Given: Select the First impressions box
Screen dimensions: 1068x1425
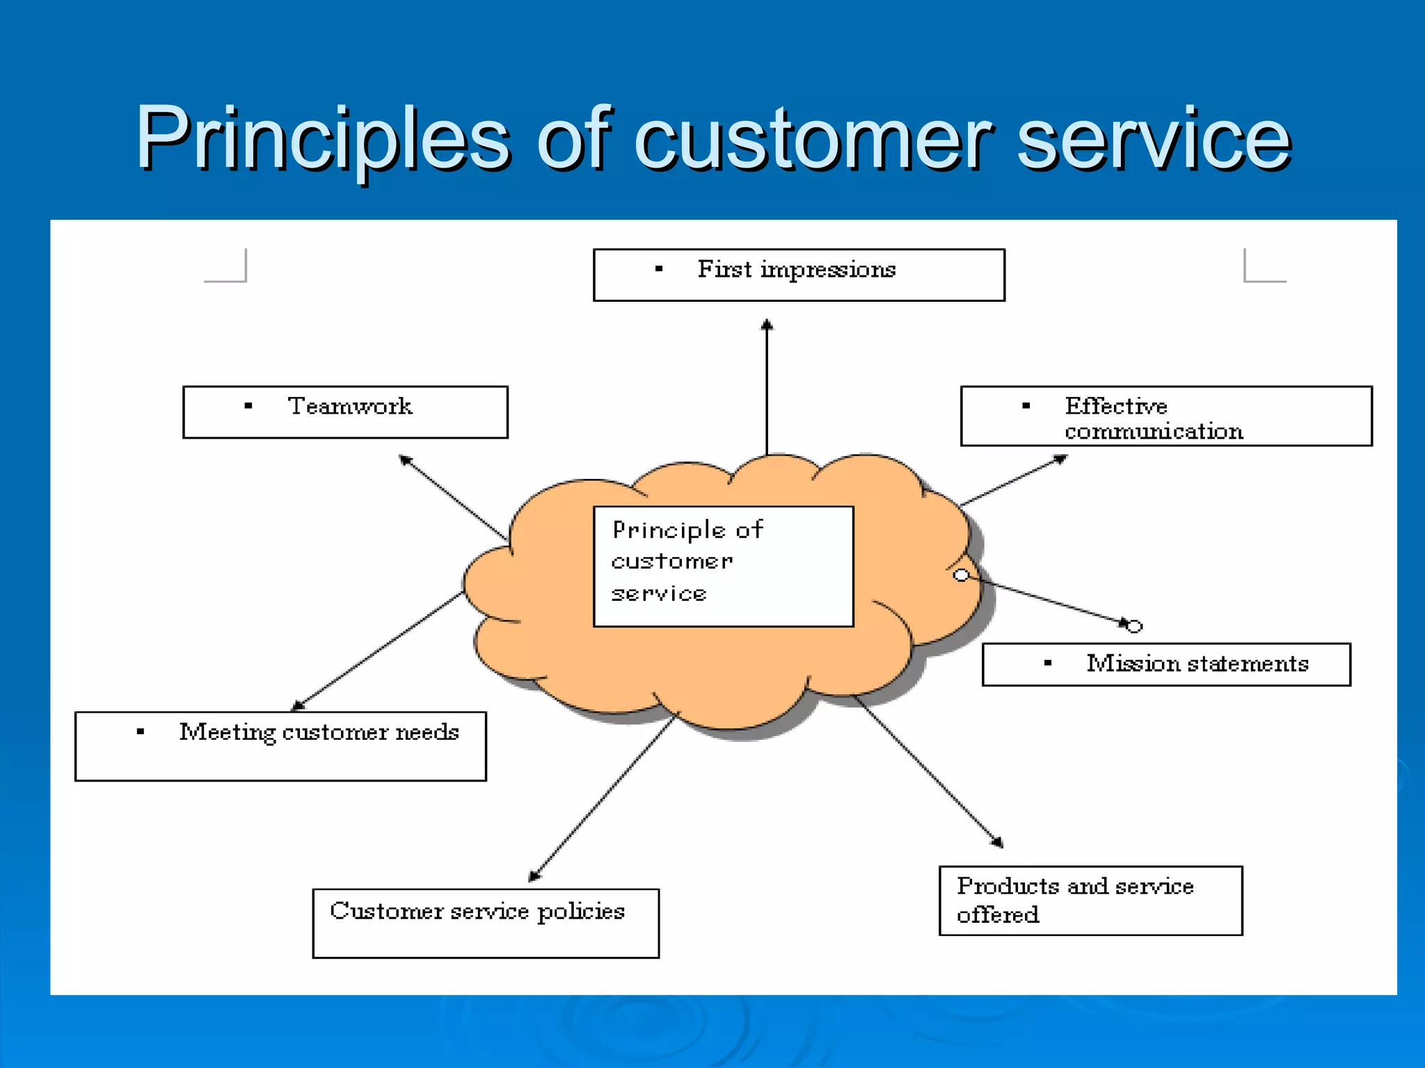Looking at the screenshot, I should [798, 275].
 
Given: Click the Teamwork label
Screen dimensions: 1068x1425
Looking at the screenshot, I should [350, 406].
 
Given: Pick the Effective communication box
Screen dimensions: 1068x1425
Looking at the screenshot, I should [1165, 416].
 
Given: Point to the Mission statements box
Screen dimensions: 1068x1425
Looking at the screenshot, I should [1165, 664].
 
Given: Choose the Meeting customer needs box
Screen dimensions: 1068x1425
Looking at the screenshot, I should [280, 745].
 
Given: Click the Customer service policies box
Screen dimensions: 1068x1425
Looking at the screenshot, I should [485, 923].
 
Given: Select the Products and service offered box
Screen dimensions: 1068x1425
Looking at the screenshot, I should [1090, 900].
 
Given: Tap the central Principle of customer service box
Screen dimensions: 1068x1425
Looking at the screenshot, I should [723, 566].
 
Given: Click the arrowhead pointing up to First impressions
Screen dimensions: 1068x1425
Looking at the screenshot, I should [767, 325].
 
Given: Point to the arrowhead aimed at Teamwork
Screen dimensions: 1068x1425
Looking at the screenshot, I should [405, 460].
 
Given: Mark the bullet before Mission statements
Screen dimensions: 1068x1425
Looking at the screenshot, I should [1048, 663].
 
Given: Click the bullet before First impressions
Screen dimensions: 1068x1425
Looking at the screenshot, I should [659, 269].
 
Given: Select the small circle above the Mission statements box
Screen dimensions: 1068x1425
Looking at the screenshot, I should [1134, 626].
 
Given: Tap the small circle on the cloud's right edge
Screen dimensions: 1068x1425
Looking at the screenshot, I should [961, 575].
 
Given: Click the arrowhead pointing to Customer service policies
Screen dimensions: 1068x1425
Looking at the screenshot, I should [534, 876].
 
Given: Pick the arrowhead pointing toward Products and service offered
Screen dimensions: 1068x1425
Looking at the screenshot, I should [998, 842].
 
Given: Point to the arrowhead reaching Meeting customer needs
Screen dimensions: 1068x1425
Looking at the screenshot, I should [298, 705].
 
